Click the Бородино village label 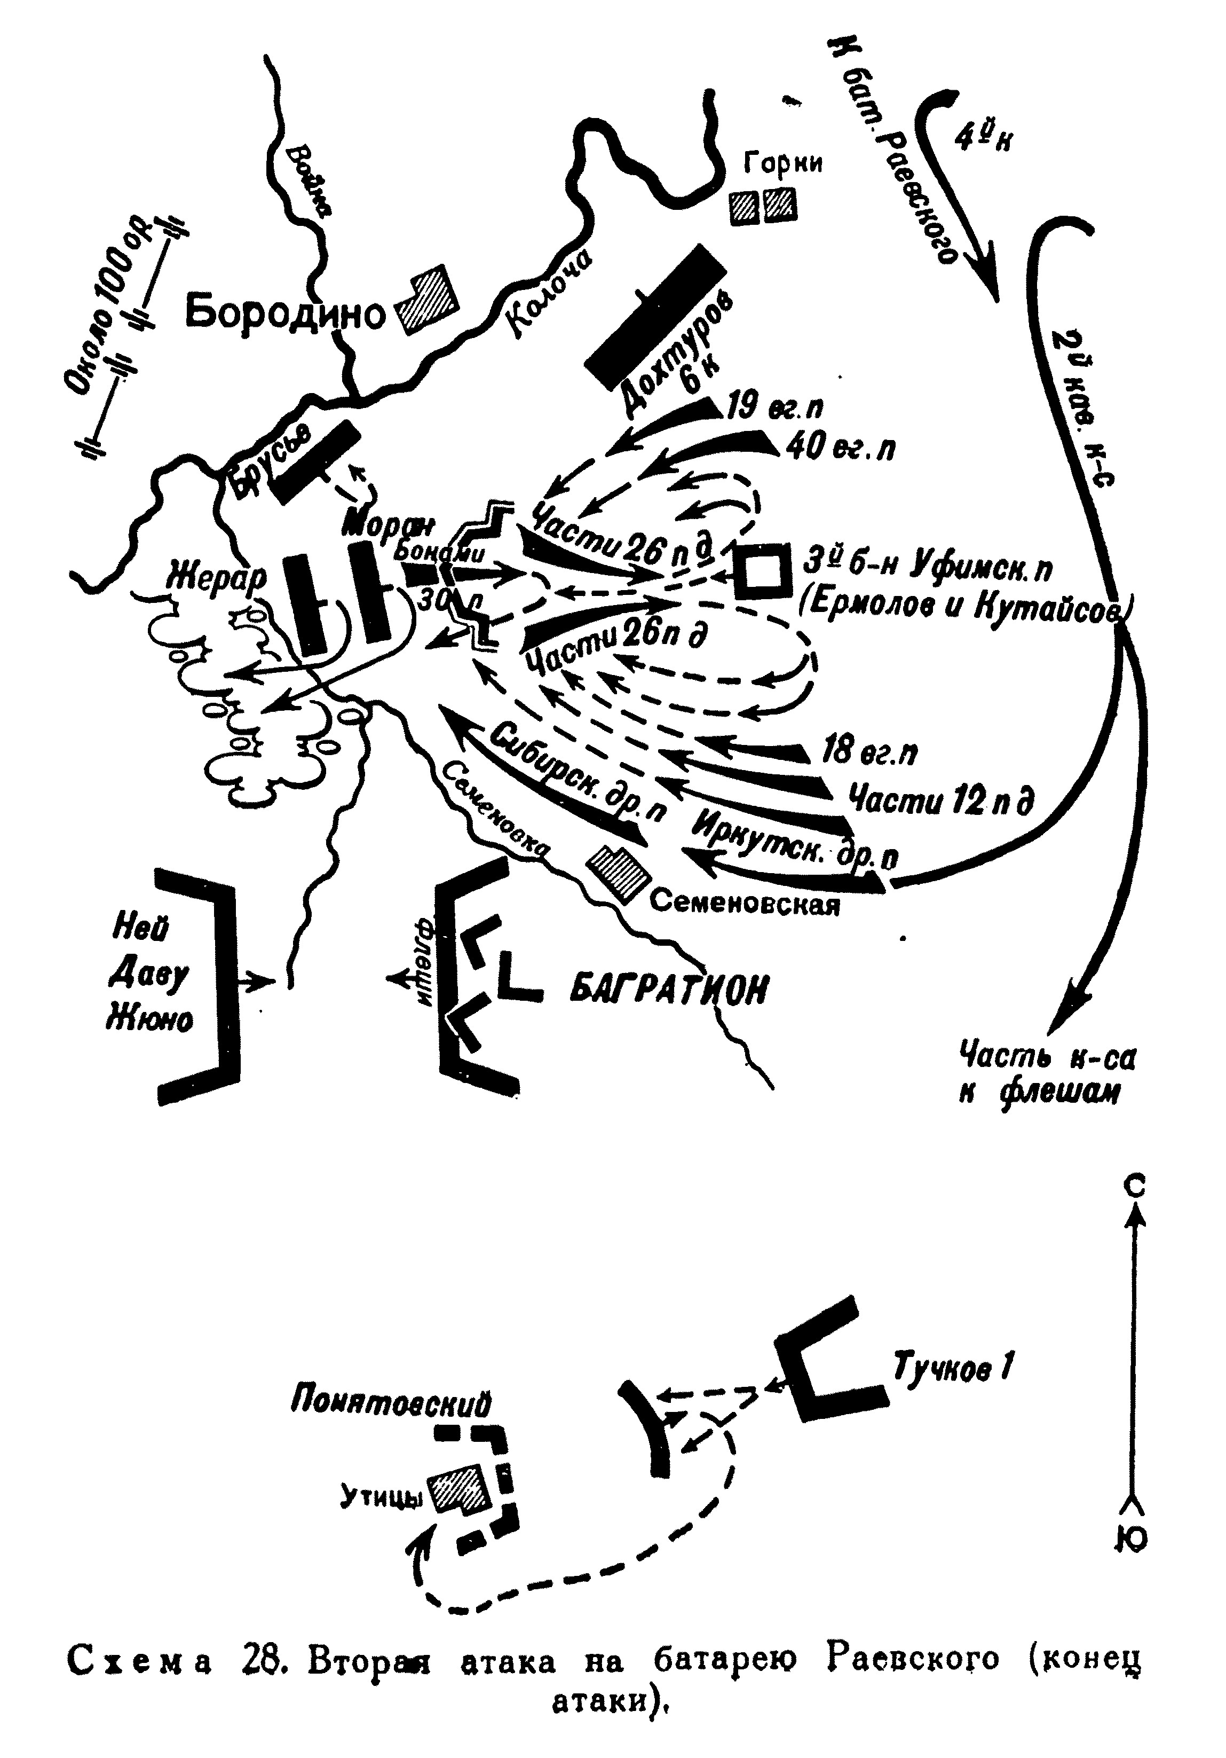pos(284,313)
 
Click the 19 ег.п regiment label pos(774,406)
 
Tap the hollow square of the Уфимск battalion pos(762,571)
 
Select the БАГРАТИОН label pos(669,990)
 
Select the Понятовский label pos(390,1402)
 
